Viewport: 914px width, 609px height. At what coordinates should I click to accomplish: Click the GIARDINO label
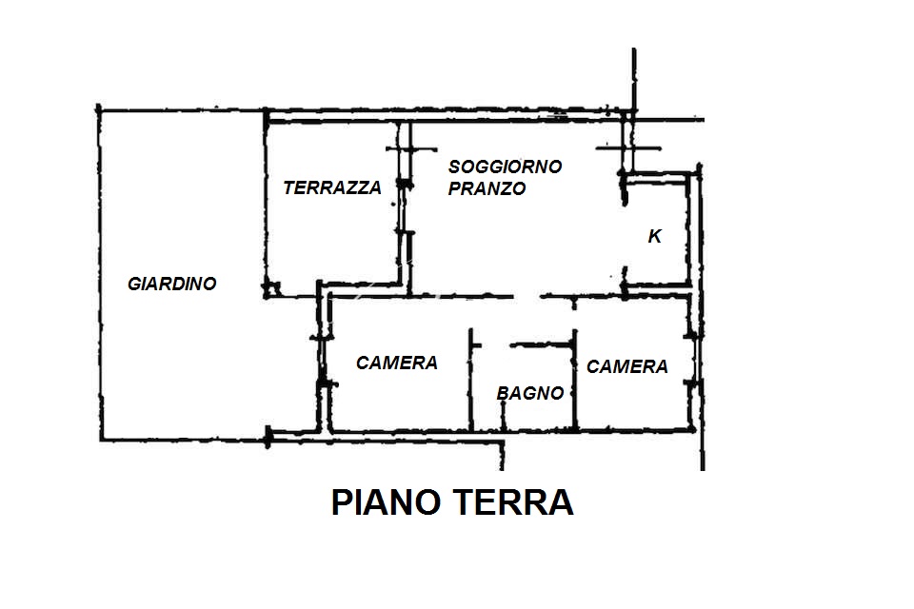click(172, 284)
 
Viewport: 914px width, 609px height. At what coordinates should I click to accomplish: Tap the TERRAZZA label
click(332, 187)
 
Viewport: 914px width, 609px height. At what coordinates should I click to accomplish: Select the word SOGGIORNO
click(505, 167)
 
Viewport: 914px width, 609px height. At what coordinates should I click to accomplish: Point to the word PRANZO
click(487, 188)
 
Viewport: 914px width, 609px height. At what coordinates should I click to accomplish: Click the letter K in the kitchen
click(655, 236)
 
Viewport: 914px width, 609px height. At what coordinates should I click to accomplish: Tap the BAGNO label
click(530, 393)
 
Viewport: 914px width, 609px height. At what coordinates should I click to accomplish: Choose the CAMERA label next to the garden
click(396, 363)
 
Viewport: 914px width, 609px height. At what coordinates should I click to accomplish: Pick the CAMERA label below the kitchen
click(626, 366)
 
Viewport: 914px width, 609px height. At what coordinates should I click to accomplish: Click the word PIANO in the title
click(386, 502)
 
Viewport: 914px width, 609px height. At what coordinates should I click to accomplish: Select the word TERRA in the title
click(513, 502)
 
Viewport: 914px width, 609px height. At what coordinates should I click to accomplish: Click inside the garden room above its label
click(175, 192)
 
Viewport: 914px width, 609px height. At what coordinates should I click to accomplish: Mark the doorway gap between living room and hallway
click(527, 297)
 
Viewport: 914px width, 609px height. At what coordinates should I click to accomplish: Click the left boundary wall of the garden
click(100, 273)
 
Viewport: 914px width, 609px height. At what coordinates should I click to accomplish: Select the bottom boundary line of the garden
click(184, 439)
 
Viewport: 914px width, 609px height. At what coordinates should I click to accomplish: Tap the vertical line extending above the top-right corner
click(634, 79)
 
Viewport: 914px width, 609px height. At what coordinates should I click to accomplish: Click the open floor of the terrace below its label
click(332, 245)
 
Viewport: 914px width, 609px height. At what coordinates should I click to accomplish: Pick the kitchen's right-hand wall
click(689, 229)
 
